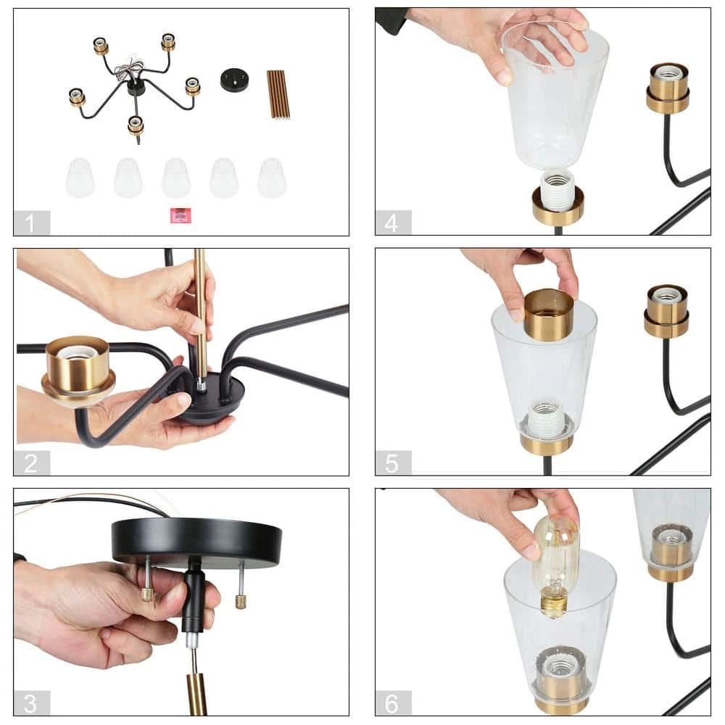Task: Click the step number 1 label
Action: pyautogui.click(x=30, y=223)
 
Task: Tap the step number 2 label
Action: pyautogui.click(x=30, y=463)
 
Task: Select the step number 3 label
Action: pyautogui.click(x=30, y=703)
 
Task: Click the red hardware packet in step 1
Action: pyautogui.click(x=181, y=215)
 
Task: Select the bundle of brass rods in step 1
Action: pyautogui.click(x=278, y=95)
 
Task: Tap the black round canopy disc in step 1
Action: pyautogui.click(x=234, y=80)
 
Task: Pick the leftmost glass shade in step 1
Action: pyautogui.click(x=80, y=178)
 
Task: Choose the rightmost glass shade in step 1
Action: pyautogui.click(x=272, y=178)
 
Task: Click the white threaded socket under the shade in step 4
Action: pyautogui.click(x=557, y=188)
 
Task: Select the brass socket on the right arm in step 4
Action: pyautogui.click(x=668, y=88)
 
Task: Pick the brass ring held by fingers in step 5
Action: pyautogui.click(x=548, y=314)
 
